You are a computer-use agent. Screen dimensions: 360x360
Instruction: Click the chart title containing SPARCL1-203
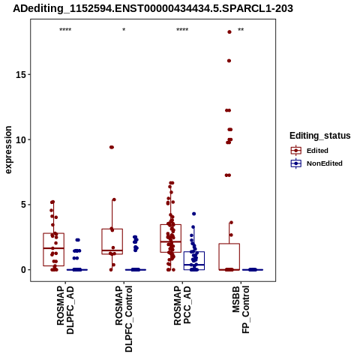(x=153, y=8)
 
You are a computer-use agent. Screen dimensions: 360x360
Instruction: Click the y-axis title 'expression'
(x=8, y=150)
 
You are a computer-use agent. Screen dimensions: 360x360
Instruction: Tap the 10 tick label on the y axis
(x=21, y=139)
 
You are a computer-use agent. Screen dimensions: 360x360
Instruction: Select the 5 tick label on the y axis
(x=24, y=205)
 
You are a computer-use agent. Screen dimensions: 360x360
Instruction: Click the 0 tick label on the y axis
(x=24, y=270)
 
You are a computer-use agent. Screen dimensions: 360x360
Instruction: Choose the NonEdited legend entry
(x=316, y=163)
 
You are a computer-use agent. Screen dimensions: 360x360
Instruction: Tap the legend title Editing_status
(x=320, y=136)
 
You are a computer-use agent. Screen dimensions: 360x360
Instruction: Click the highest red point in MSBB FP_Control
(x=229, y=31)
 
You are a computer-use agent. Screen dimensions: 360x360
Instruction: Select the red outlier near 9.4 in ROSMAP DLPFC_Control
(x=112, y=147)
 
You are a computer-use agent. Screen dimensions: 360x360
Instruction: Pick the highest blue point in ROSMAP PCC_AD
(x=193, y=214)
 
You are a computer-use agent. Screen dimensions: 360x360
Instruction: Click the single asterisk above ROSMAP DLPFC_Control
(x=124, y=30)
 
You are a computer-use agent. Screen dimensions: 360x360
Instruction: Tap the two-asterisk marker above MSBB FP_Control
(x=241, y=30)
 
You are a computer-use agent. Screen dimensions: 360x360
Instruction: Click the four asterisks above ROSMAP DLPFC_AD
(x=65, y=30)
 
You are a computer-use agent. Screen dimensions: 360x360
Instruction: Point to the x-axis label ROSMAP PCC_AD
(x=182, y=305)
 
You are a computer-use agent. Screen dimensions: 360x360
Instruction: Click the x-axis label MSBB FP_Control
(x=241, y=310)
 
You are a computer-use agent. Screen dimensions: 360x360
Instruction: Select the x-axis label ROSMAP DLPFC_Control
(x=124, y=319)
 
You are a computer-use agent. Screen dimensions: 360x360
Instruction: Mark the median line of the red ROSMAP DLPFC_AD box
(x=53, y=248)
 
